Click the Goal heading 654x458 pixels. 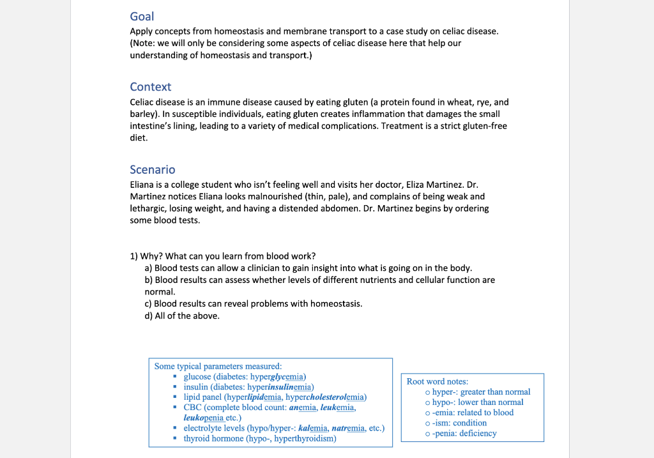(142, 17)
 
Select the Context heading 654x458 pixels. (150, 87)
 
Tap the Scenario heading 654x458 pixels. (152, 170)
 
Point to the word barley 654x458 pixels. (144, 114)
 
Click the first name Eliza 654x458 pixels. (420, 185)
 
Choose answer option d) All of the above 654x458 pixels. (182, 316)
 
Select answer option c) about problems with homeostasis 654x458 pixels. (254, 303)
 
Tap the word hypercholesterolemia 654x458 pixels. (326, 397)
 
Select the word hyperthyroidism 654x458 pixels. (305, 439)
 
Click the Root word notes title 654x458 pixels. (437, 381)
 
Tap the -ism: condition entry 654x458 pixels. (455, 423)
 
